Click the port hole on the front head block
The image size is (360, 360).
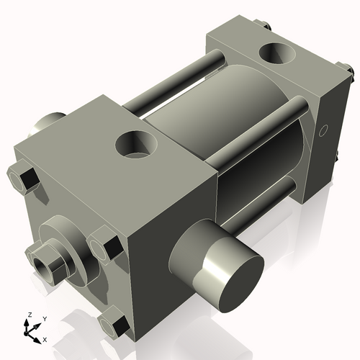[136, 146]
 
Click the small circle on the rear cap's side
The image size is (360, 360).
[323, 130]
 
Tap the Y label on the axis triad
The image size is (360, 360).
[44, 318]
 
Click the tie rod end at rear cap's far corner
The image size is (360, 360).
[267, 27]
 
